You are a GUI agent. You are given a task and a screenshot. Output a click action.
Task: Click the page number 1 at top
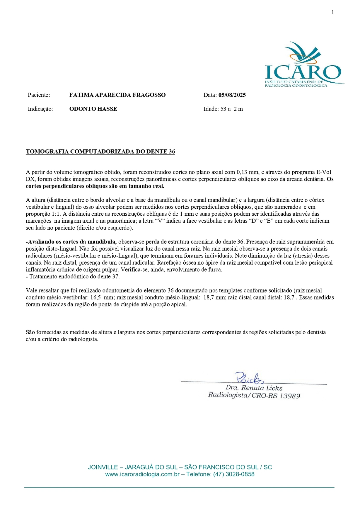[x=333, y=12]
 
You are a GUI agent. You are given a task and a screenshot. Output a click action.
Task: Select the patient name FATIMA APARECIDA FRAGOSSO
[x=117, y=95]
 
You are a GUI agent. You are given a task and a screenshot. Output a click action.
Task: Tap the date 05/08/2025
[x=232, y=95]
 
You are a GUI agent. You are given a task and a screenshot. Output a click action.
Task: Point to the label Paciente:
[x=39, y=95]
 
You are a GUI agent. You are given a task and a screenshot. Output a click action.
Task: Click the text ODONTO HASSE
[x=93, y=109]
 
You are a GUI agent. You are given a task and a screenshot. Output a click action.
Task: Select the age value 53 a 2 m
[x=231, y=109]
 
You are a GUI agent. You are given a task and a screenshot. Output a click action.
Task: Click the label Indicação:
[x=40, y=109]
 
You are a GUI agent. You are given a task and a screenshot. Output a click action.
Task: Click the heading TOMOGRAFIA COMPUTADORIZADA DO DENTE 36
[x=100, y=151]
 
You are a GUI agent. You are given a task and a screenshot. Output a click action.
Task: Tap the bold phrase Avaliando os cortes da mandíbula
[x=72, y=242]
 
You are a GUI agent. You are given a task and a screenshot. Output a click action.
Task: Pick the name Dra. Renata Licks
[x=254, y=388]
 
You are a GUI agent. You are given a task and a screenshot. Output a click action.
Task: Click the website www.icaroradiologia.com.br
[x=142, y=474]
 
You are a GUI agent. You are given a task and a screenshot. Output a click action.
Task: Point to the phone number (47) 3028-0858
[x=233, y=474]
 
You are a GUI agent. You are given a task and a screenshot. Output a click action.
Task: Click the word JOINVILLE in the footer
[x=103, y=467]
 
